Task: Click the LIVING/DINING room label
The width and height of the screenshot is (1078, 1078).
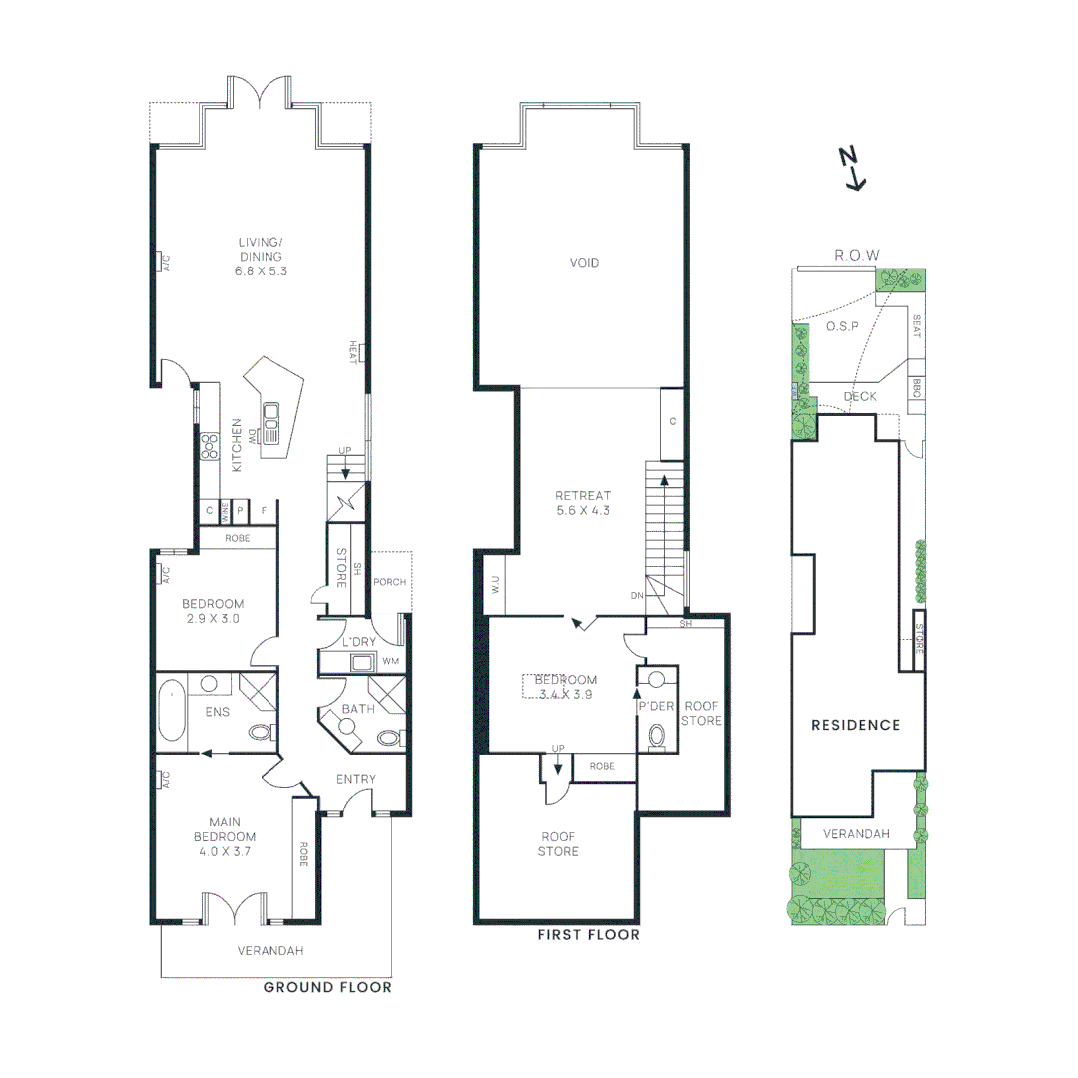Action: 260,256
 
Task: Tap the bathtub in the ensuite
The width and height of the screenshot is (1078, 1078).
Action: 171,711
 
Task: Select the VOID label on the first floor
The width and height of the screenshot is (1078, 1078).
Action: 584,263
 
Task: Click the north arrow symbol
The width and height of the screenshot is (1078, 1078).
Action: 852,168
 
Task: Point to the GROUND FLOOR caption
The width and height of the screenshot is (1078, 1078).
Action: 327,987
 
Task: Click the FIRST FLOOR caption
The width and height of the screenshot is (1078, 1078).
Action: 588,935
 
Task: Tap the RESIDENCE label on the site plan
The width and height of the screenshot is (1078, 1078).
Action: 855,725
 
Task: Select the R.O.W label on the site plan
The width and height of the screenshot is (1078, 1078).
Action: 857,256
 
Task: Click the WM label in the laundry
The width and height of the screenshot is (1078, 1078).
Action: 390,661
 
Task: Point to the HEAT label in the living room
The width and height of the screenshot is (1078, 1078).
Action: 353,352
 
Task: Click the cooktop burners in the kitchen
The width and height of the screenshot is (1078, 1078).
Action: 210,446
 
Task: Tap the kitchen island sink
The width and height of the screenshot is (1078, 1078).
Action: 270,410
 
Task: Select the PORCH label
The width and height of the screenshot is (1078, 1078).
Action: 389,582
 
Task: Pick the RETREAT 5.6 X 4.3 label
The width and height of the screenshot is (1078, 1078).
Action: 583,502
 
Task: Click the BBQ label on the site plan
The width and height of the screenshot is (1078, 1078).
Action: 916,390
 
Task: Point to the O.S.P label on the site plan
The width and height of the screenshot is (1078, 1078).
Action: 843,326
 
